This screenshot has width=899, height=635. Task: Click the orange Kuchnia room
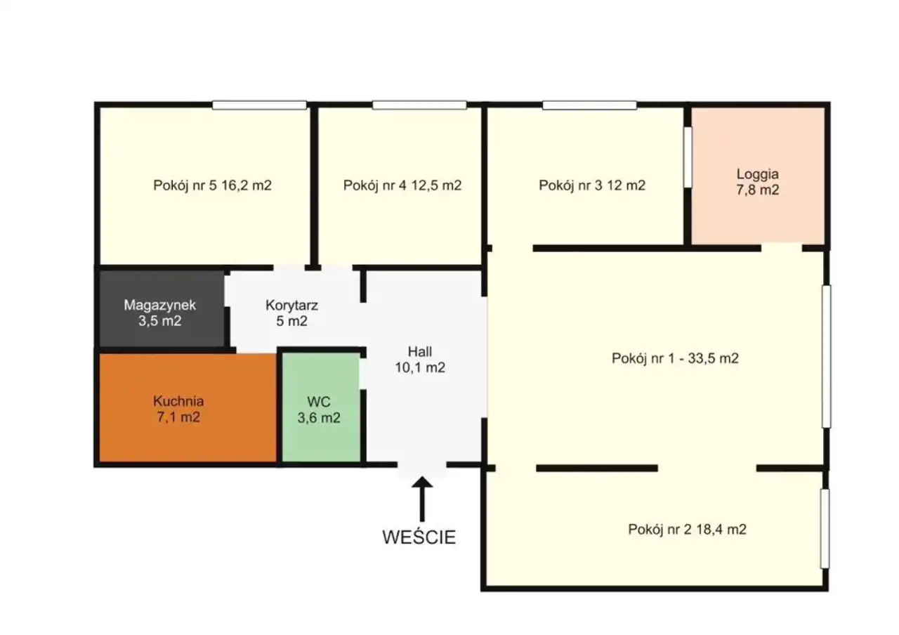(x=188, y=408)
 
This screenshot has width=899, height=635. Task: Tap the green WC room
(x=321, y=407)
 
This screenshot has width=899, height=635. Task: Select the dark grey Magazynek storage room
(x=162, y=308)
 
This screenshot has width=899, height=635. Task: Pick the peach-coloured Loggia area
(x=758, y=176)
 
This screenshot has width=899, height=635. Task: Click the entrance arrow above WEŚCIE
(x=422, y=499)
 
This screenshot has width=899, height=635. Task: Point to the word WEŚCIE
(x=419, y=537)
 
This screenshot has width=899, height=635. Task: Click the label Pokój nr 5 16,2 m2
(x=212, y=185)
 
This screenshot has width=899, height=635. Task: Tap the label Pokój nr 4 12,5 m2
(x=402, y=185)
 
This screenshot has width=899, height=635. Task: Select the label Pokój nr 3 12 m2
(x=592, y=185)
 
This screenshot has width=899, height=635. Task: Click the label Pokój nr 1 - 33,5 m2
(x=675, y=358)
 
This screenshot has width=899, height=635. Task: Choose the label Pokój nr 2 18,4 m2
(x=687, y=530)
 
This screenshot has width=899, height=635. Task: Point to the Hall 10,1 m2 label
(x=420, y=360)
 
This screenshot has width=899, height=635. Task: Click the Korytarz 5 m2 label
(x=291, y=313)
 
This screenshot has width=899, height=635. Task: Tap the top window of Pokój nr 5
(x=259, y=105)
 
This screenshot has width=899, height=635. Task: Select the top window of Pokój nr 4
(x=419, y=105)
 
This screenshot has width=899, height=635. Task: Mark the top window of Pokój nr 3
(x=589, y=105)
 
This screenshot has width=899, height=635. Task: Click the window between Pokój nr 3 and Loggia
(x=688, y=157)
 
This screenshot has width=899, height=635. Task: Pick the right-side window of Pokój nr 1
(x=826, y=356)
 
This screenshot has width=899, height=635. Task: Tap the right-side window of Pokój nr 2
(x=825, y=529)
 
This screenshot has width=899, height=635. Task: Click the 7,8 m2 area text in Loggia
(x=758, y=190)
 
